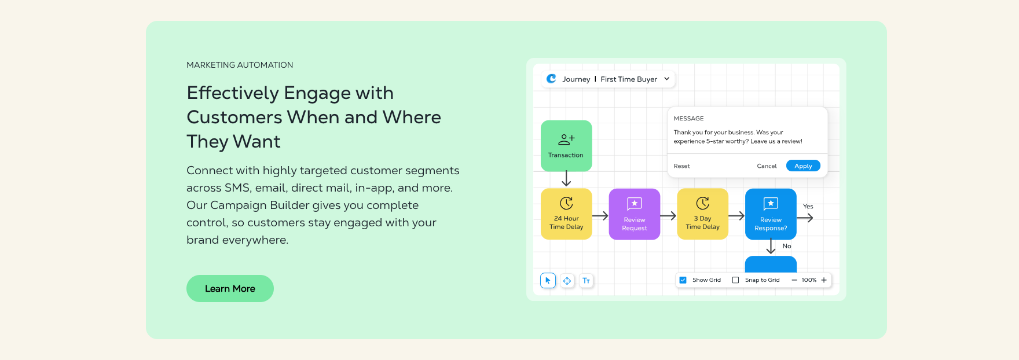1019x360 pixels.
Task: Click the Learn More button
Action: pos(230,288)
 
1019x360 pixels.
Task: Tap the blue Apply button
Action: pos(803,166)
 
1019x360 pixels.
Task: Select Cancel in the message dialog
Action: pos(767,166)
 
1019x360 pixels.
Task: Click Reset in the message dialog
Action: pos(681,166)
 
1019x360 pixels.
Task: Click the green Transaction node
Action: pos(566,146)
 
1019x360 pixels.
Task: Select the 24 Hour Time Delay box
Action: pos(566,214)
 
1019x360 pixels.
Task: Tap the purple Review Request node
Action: pos(635,214)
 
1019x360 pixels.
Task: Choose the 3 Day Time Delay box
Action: pos(703,214)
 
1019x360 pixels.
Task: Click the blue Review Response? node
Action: pos(771,214)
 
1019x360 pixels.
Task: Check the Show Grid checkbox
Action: pos(683,280)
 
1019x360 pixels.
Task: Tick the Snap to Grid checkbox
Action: pos(736,280)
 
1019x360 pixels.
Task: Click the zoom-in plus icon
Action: pos(824,280)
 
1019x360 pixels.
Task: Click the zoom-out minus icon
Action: pos(794,280)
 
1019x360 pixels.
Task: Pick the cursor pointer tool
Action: pos(548,281)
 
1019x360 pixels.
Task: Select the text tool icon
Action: pos(586,281)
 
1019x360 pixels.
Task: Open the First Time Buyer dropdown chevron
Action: pos(667,79)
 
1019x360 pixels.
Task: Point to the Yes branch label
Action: pos(808,207)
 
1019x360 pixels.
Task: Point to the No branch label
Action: pos(787,246)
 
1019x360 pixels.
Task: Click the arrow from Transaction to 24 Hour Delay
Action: pos(566,179)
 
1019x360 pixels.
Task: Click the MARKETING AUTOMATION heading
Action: pos(240,65)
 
